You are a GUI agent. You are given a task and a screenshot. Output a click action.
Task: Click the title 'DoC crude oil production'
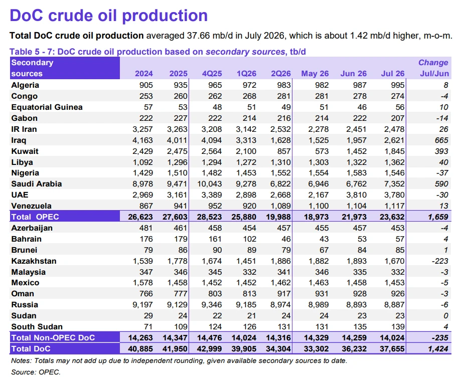109,16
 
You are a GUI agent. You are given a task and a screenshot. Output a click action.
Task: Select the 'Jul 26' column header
393,74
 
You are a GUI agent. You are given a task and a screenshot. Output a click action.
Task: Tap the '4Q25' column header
212,74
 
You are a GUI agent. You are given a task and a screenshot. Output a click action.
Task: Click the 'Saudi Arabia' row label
37,184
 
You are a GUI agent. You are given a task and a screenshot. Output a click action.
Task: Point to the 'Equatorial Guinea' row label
47,107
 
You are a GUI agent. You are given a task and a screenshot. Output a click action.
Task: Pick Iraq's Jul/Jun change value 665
441,140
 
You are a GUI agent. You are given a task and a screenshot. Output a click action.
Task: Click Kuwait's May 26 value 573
322,151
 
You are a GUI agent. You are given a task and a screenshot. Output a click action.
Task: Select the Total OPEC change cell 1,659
438,217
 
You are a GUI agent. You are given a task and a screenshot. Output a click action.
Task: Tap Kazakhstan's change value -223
440,261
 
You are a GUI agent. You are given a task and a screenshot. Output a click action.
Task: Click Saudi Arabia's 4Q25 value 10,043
210,184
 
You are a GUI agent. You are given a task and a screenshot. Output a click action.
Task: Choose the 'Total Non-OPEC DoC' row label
53,338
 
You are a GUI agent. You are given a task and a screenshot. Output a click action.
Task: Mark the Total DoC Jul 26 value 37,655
392,349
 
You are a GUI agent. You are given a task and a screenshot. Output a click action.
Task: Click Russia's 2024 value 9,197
142,305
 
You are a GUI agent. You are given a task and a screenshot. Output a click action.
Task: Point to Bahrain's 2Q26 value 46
286,239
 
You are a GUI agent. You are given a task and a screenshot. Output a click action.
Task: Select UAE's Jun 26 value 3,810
357,195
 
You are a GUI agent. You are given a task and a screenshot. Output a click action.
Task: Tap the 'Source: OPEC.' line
36,372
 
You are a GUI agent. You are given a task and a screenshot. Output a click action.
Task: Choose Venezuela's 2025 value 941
181,206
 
